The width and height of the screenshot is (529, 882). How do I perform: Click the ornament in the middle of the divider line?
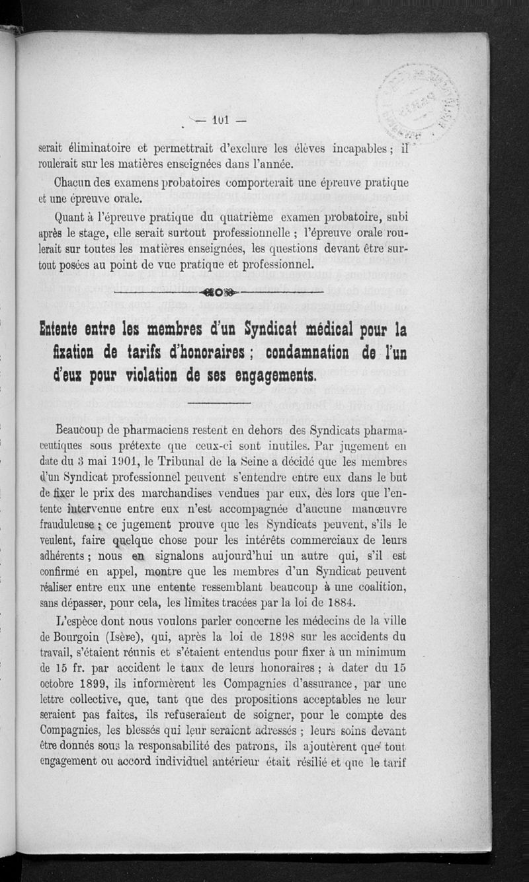(218, 291)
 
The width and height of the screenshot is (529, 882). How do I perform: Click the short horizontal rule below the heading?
(218, 403)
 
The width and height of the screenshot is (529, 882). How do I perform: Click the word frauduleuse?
(69, 525)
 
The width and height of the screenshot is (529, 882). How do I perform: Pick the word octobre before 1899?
(61, 683)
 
